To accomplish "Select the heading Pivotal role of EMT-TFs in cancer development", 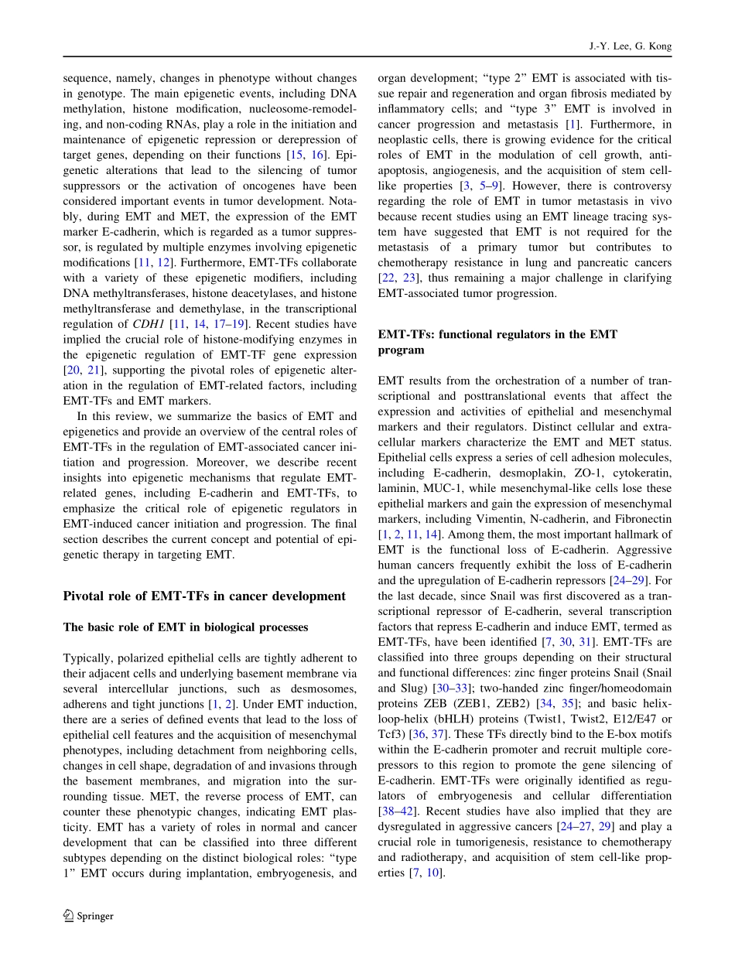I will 203,596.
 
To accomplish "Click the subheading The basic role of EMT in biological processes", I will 185,627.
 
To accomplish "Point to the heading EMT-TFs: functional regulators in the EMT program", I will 497,342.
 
